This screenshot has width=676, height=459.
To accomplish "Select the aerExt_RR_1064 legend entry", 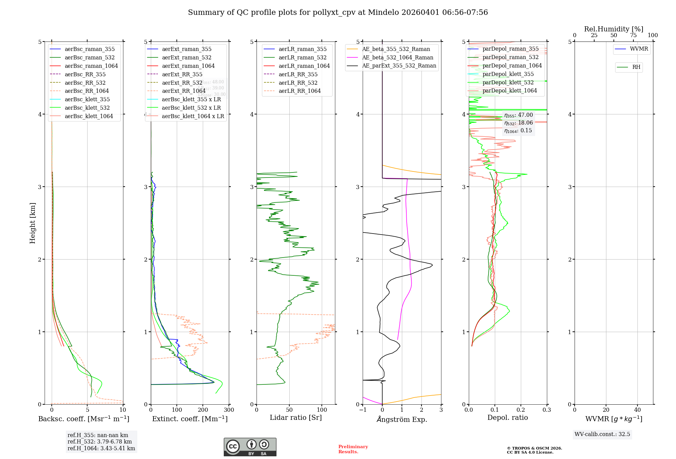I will [184, 91].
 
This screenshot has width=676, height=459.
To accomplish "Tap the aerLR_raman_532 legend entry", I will [303, 58].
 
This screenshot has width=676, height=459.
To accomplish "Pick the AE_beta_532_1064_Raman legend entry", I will [397, 58].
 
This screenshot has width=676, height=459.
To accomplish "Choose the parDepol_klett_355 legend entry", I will [508, 74].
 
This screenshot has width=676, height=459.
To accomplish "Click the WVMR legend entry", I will [639, 49].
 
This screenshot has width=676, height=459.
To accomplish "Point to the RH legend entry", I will [636, 67].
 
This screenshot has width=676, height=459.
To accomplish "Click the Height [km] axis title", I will [32, 223].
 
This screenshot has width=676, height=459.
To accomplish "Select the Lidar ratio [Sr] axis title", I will [296, 418].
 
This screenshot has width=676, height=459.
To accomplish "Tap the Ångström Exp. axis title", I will [402, 420].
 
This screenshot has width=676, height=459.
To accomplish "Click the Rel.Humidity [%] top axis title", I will [613, 29].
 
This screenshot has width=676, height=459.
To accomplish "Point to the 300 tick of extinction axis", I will [229, 410].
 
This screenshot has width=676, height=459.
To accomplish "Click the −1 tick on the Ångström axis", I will [363, 410].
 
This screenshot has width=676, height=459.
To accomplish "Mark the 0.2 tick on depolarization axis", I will [521, 410].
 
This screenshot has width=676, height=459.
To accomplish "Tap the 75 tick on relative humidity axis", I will [633, 35].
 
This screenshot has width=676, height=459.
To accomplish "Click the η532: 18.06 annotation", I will [518, 123].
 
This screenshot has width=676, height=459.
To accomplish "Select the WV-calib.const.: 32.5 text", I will [602, 434].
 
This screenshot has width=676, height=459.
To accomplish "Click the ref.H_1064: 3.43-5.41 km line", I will [101, 449].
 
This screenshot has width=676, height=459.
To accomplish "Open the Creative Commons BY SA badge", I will [250, 447].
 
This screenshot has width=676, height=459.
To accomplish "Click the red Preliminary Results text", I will [353, 449].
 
